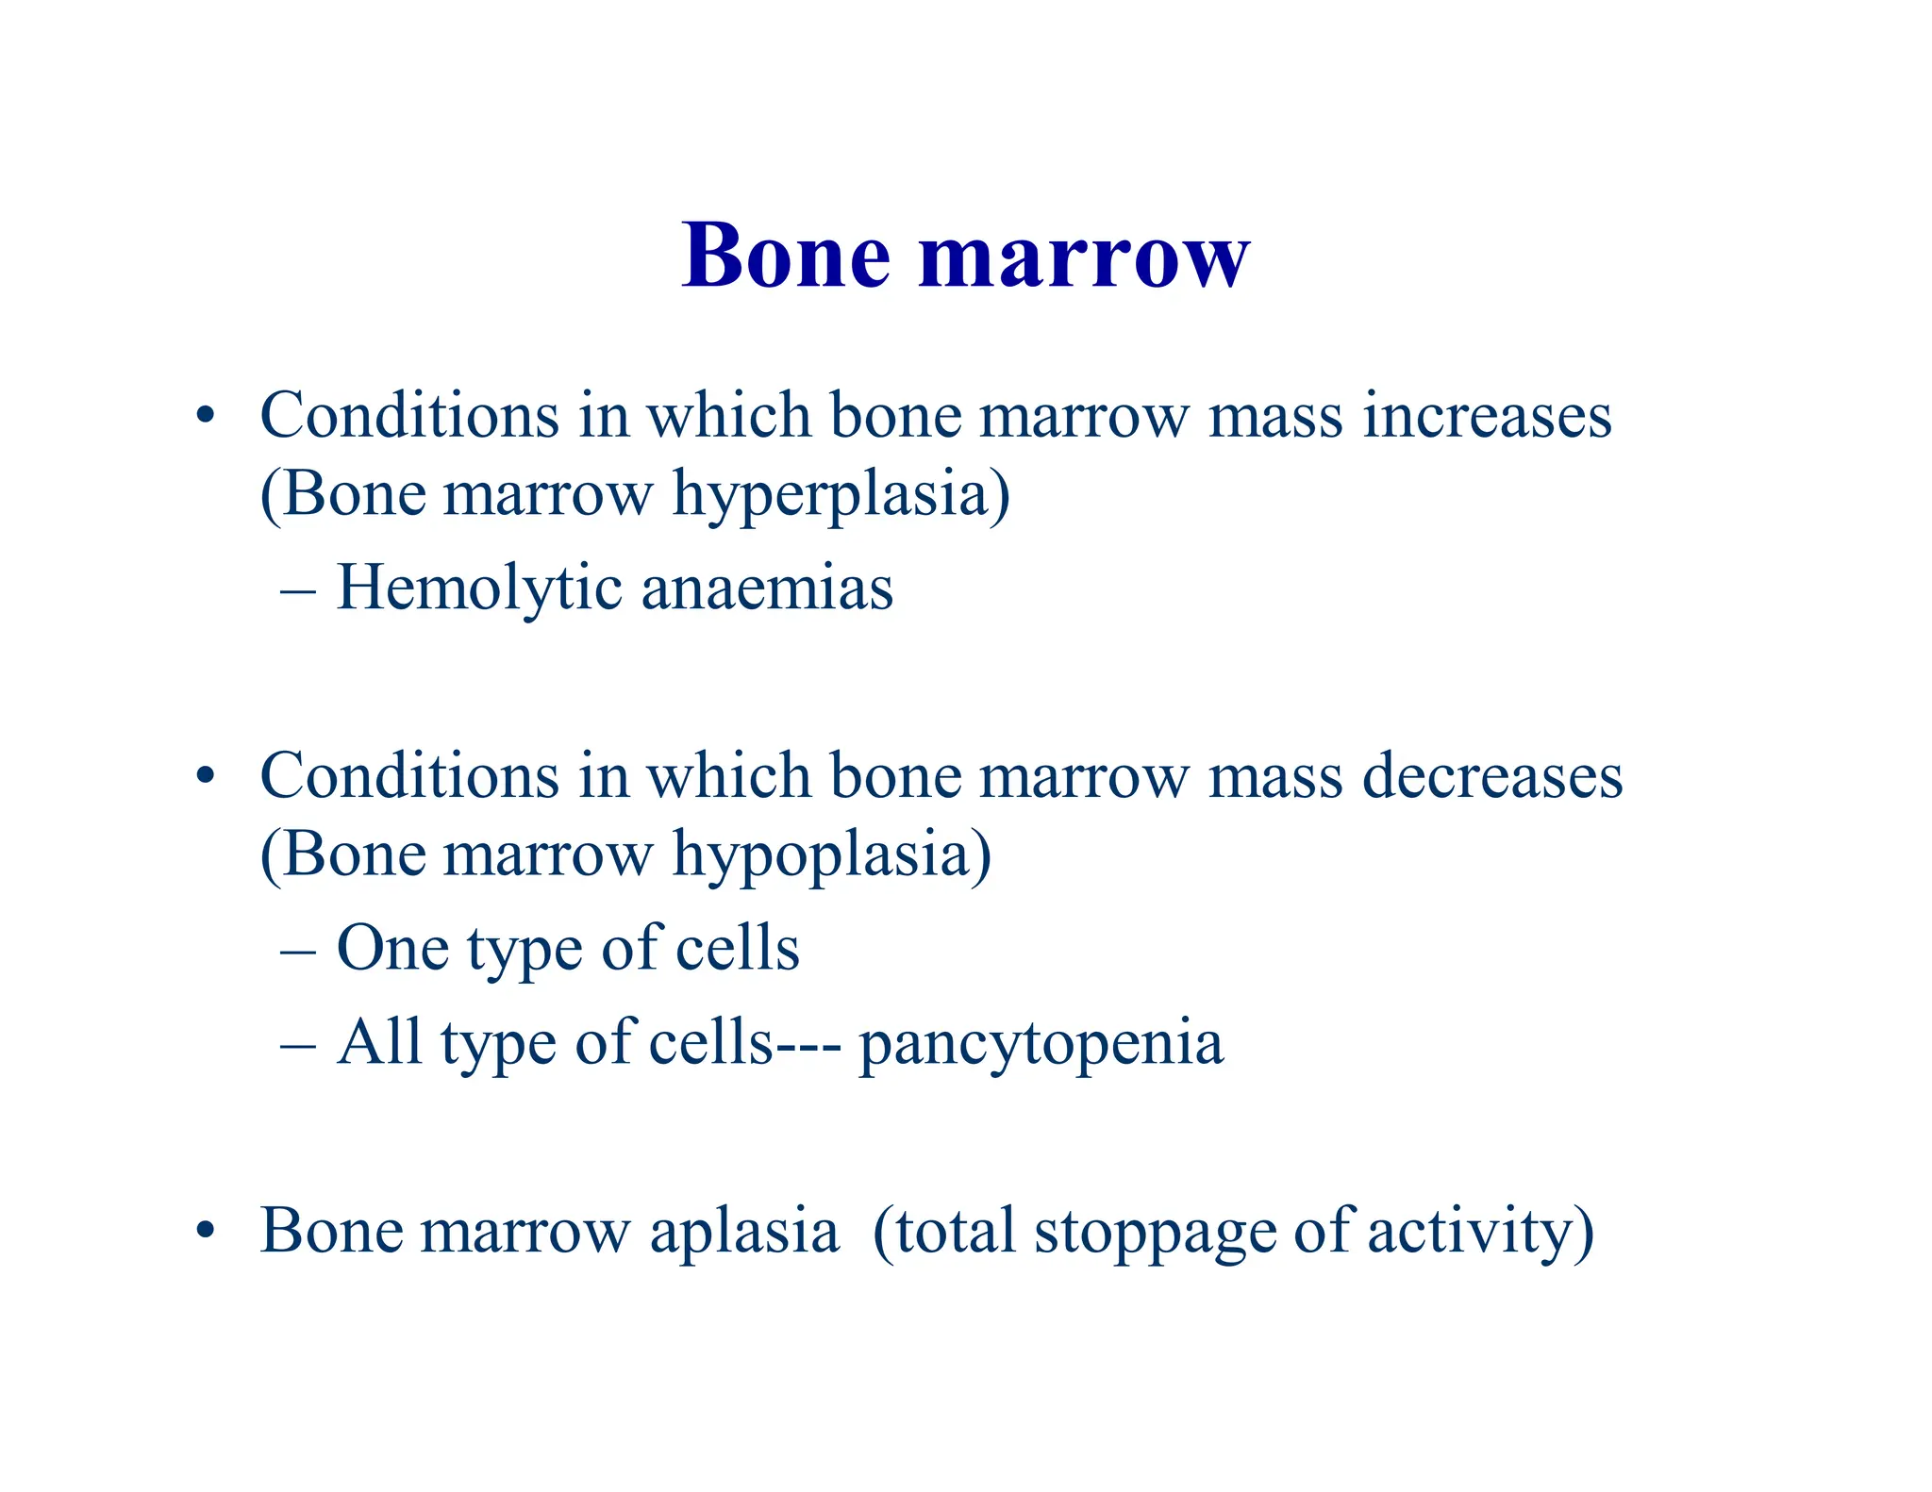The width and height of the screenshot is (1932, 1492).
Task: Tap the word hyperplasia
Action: click(841, 493)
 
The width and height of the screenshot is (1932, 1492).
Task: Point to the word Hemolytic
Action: click(479, 588)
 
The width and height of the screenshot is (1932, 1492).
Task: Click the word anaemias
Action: click(767, 588)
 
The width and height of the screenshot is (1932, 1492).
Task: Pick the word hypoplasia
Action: click(831, 854)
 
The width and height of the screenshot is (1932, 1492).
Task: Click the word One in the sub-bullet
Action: click(392, 948)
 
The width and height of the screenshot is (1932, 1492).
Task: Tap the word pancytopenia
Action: click(1041, 1043)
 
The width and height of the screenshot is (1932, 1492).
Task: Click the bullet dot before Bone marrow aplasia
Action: click(206, 1231)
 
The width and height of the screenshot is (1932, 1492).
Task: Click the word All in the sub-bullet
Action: click(379, 1042)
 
